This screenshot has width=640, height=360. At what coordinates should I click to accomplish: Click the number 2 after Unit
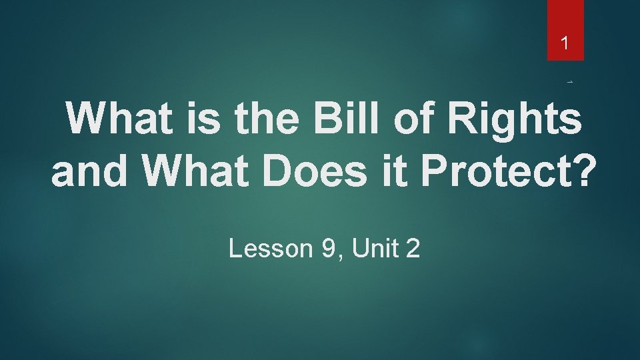click(x=413, y=249)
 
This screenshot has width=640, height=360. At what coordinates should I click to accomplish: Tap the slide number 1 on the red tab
click(x=565, y=45)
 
